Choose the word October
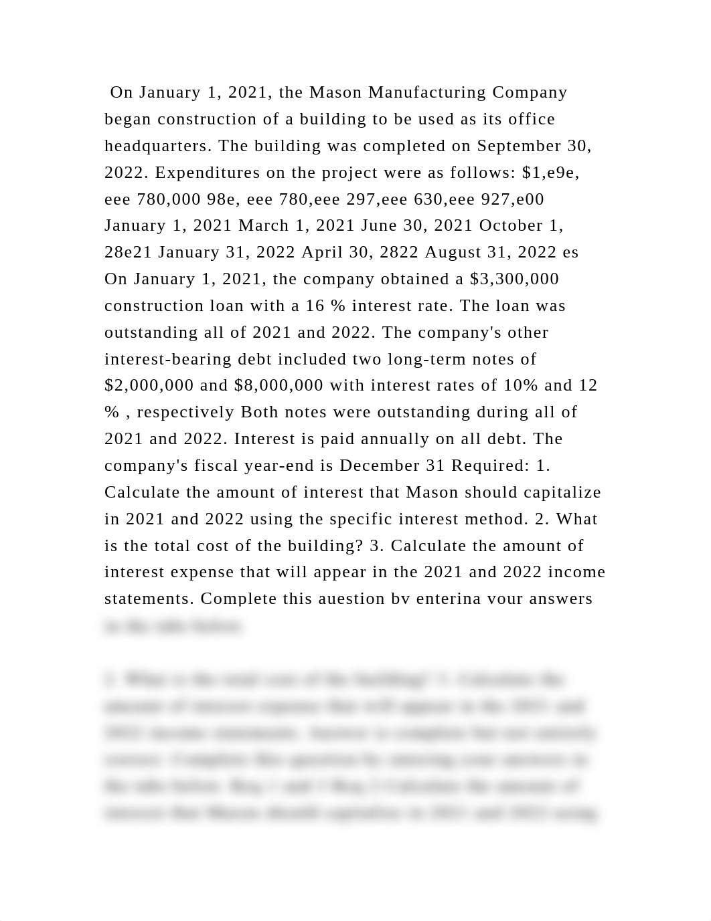pos(514,225)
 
